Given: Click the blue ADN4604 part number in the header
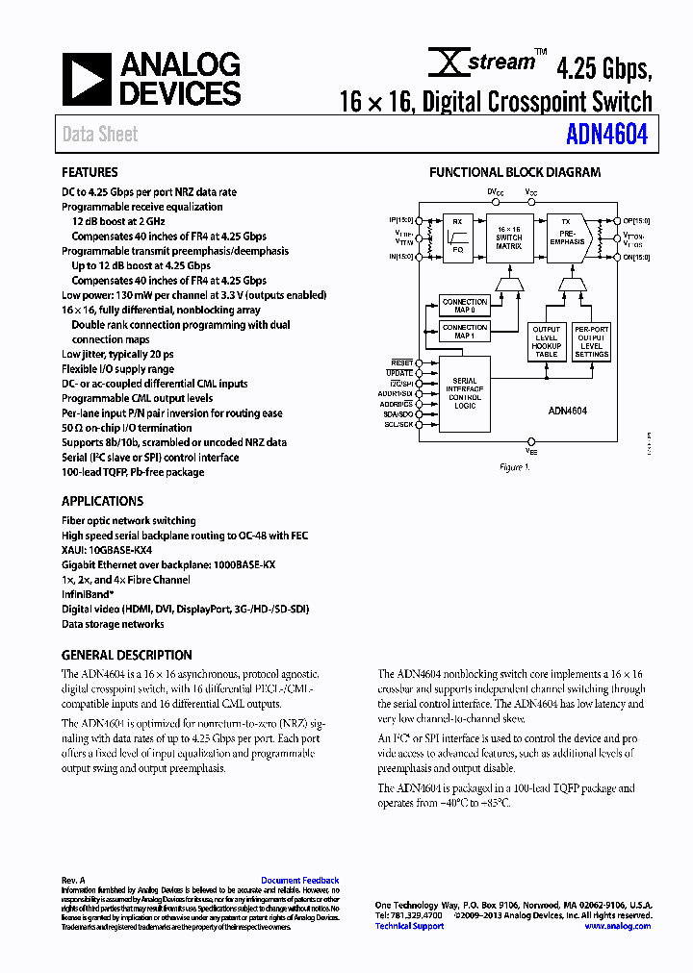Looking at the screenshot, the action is [607, 134].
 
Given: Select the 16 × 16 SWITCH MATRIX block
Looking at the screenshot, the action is [508, 237].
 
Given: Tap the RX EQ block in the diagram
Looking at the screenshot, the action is [457, 238].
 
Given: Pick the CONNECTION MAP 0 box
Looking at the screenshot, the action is [465, 306].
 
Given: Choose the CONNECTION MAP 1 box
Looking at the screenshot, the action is [465, 332].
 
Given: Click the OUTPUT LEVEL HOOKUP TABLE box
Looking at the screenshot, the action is [546, 341].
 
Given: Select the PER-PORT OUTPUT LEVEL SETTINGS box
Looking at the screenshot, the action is [591, 341].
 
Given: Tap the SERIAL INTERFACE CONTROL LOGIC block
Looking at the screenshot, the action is [464, 394].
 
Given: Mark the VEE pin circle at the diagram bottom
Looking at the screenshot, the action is [530, 440].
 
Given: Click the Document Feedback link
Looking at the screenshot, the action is [299, 881].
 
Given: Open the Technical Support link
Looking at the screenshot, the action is [409, 926].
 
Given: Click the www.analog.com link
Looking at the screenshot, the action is [617, 926].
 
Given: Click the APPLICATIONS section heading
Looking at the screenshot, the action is [102, 501].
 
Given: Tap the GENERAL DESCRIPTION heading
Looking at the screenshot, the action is [126, 655].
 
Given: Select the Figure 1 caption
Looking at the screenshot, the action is [515, 467].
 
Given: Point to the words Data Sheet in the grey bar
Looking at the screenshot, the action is [100, 135].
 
